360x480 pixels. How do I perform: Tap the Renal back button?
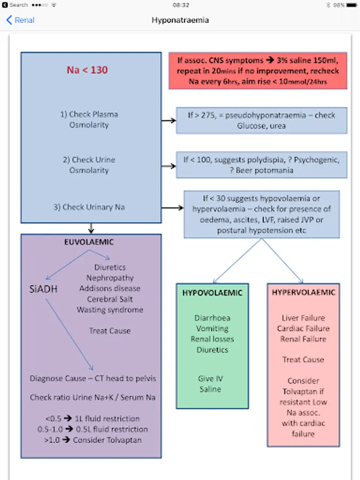(x=20, y=20)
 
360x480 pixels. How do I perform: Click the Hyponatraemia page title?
(x=180, y=20)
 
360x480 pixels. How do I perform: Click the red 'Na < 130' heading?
(x=87, y=70)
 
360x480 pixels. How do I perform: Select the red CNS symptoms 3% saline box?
(x=258, y=70)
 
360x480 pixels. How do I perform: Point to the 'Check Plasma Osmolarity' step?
(x=89, y=119)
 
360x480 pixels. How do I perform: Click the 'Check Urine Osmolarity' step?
(x=89, y=165)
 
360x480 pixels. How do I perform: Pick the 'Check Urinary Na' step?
(x=89, y=207)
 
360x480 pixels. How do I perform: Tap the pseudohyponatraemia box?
(x=261, y=120)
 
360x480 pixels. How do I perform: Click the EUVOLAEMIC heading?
(x=89, y=242)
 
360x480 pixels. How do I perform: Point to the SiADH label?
(x=43, y=290)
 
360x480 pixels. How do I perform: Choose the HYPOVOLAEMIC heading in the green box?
(x=212, y=293)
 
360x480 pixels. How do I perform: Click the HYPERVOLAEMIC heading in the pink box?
(x=303, y=293)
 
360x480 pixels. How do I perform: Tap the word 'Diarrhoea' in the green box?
(x=212, y=318)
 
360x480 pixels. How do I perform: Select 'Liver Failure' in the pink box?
(x=303, y=318)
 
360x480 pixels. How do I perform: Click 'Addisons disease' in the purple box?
(x=110, y=289)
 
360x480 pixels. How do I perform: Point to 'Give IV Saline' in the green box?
(x=210, y=384)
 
